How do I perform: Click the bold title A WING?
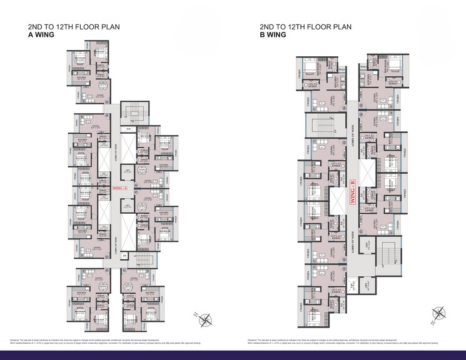(x=41, y=36)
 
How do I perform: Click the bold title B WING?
(x=273, y=36)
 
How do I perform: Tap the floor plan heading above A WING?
(x=74, y=27)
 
